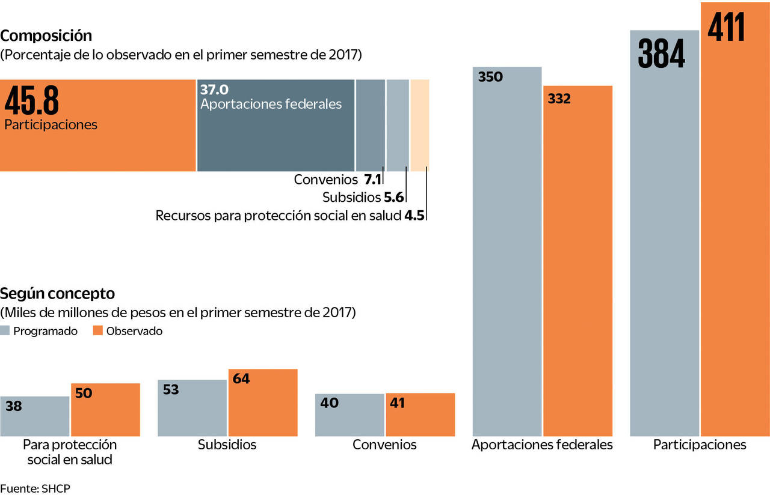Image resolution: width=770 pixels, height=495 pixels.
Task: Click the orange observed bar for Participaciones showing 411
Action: pos(735,240)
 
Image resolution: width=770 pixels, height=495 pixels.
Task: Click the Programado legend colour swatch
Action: pos(5,330)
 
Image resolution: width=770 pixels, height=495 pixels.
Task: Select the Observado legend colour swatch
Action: pos(98,330)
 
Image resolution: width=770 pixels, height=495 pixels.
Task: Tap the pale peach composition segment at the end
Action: pos(420,125)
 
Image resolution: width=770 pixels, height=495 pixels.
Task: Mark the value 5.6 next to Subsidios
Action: pos(394,197)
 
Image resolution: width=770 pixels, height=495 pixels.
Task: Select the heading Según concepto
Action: pos(57,294)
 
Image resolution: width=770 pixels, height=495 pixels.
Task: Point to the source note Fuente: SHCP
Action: pos(35,487)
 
